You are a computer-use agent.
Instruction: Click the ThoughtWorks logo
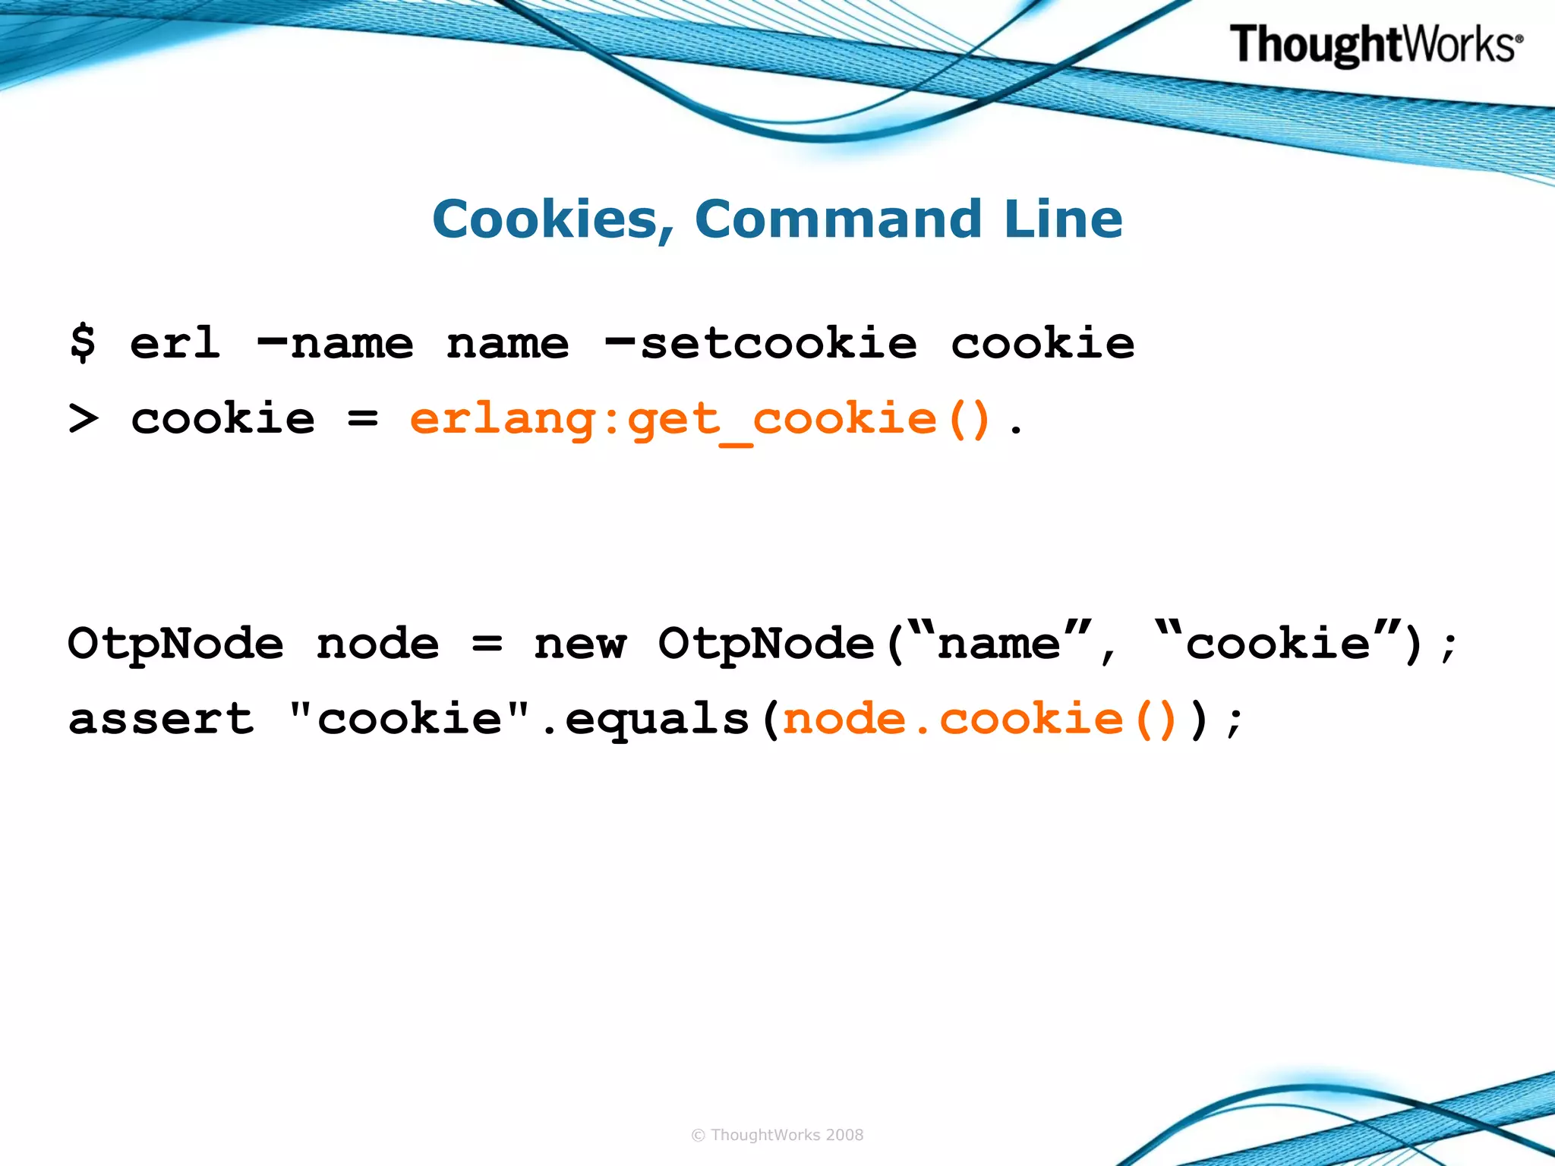click(1375, 45)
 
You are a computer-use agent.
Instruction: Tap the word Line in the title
click(1062, 219)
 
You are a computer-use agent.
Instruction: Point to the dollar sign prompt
click(83, 342)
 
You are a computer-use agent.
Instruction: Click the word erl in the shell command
click(175, 342)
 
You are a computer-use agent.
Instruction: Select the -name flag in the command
click(335, 344)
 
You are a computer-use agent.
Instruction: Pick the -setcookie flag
click(760, 344)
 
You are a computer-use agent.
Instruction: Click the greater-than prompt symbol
click(83, 418)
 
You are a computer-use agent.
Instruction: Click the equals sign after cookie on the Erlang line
click(362, 418)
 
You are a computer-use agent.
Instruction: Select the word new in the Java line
click(580, 644)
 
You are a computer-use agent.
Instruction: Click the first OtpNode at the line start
click(175, 644)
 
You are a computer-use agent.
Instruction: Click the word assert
click(161, 718)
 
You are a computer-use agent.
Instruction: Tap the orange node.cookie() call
click(979, 718)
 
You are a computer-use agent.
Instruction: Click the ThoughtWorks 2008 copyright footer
click(777, 1135)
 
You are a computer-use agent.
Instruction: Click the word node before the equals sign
click(377, 644)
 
